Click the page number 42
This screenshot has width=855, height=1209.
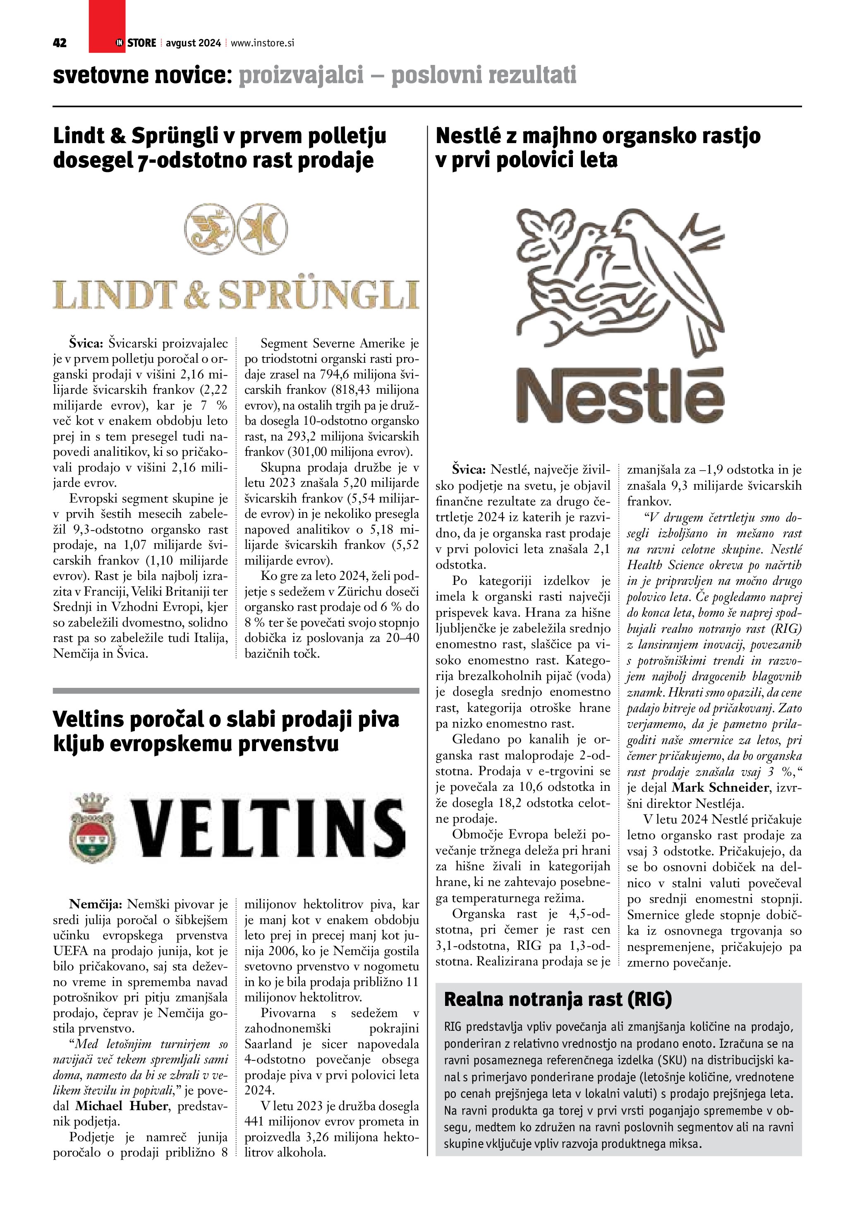[x=60, y=43]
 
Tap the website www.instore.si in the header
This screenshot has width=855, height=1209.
[x=262, y=43]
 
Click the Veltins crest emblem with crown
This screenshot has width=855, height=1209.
[x=92, y=828]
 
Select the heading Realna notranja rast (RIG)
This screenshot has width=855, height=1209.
[x=558, y=999]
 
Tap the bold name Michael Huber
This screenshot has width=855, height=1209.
[x=122, y=1106]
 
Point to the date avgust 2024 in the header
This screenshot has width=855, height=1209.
[x=193, y=43]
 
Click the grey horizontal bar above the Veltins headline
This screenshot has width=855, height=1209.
[x=236, y=690]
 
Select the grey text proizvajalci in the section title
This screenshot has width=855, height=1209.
[x=301, y=75]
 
